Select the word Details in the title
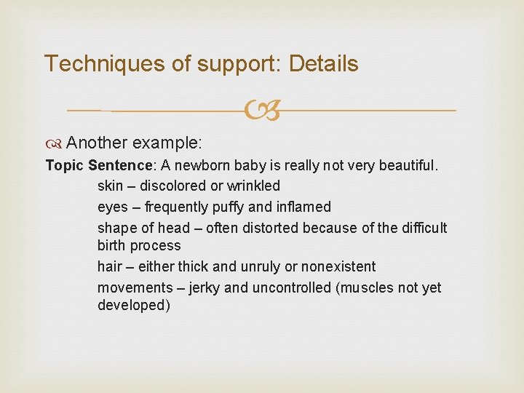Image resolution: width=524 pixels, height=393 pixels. [324, 64]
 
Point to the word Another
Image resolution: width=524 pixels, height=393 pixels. [95, 141]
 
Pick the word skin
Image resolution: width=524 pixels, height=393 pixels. [110, 186]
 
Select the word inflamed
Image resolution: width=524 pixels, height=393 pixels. [302, 207]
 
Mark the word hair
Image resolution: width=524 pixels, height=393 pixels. [110, 266]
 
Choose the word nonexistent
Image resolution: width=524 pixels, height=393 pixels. [339, 266]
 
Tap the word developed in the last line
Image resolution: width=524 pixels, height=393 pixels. [134, 306]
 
